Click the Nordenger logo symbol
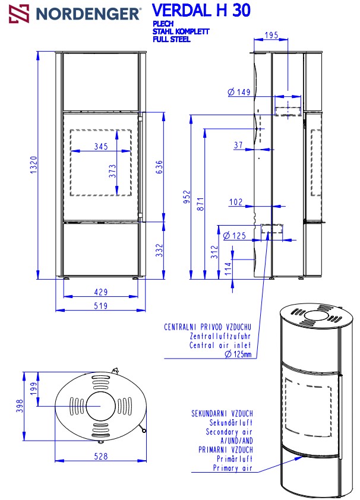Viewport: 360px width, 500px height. (x=19, y=14)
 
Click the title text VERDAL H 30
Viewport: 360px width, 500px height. (x=201, y=10)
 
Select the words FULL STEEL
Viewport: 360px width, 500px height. (x=171, y=39)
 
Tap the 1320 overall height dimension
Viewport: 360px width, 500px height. (x=34, y=164)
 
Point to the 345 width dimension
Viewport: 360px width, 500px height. (x=101, y=146)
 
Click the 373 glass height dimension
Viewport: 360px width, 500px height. (x=112, y=171)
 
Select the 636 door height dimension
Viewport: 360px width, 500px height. (x=159, y=167)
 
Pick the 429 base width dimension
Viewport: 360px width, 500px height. (x=101, y=292)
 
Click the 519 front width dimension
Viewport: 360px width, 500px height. (x=101, y=306)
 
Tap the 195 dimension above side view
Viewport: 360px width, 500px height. (x=271, y=35)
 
